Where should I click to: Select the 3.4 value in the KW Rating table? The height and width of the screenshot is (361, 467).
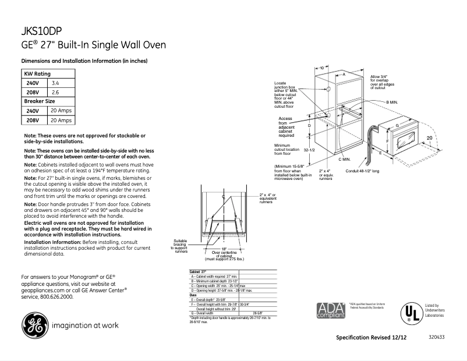56,84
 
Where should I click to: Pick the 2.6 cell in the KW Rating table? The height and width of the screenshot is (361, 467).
56,93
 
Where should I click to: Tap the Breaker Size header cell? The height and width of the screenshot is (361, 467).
39,101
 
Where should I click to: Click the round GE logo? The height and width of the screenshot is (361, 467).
36,327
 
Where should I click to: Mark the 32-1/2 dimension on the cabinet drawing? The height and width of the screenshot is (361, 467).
309,150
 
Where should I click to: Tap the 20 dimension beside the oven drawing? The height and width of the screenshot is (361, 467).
429,137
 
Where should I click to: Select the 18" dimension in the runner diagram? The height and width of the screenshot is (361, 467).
224,249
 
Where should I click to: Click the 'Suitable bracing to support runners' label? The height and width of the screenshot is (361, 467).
180,246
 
